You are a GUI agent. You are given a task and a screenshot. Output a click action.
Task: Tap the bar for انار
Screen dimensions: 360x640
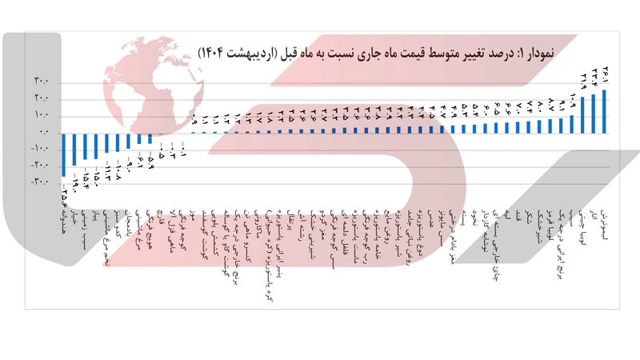click(x=594, y=113)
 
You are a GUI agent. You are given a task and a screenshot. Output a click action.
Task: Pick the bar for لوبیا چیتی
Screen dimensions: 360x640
click(x=582, y=114)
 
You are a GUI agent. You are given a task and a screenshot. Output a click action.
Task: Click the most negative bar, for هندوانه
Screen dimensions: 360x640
click(x=63, y=154)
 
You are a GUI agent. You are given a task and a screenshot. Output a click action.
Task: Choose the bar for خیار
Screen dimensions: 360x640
click(x=74, y=149)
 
